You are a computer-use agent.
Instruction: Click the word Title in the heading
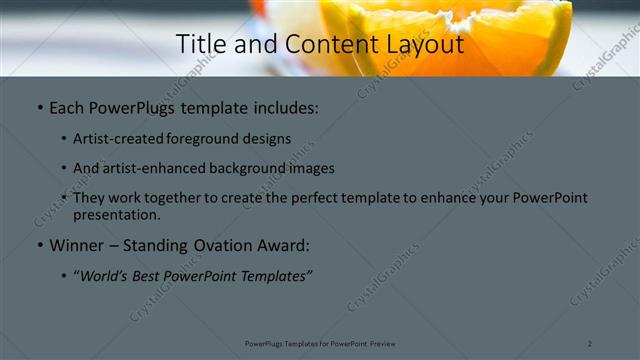pos(198,45)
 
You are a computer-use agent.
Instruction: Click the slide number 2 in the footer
pos(590,344)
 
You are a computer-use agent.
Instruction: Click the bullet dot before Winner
pos(39,245)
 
